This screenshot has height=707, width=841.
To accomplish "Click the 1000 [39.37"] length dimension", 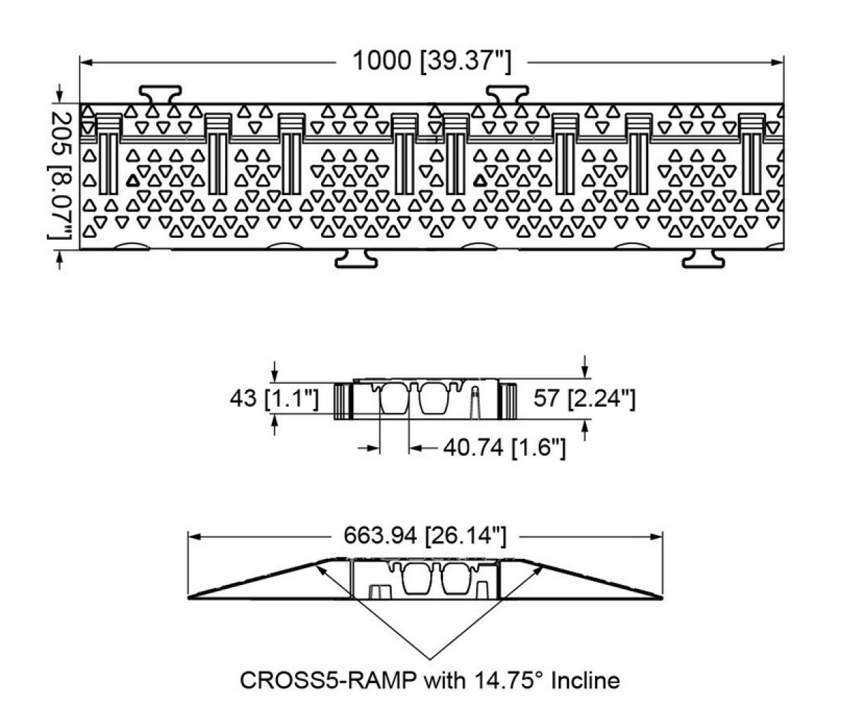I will tap(430, 62).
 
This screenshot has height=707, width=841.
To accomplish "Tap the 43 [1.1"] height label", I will tap(274, 399).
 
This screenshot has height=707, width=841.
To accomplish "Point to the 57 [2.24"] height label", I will tap(584, 399).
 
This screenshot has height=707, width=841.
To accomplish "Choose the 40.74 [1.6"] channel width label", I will tap(504, 448).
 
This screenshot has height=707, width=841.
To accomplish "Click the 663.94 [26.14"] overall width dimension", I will tap(424, 537).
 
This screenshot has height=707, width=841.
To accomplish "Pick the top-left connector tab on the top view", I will tap(160, 93).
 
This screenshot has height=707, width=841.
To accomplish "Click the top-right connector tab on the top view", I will tap(508, 93).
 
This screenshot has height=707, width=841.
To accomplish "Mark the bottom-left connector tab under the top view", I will tap(356, 259).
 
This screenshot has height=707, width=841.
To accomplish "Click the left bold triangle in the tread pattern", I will tap(132, 180).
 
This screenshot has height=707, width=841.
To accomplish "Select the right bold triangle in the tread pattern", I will tap(480, 180).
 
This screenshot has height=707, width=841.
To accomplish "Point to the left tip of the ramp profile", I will tap(191, 598).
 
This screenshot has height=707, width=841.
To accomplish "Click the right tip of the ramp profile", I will tap(660, 598).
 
